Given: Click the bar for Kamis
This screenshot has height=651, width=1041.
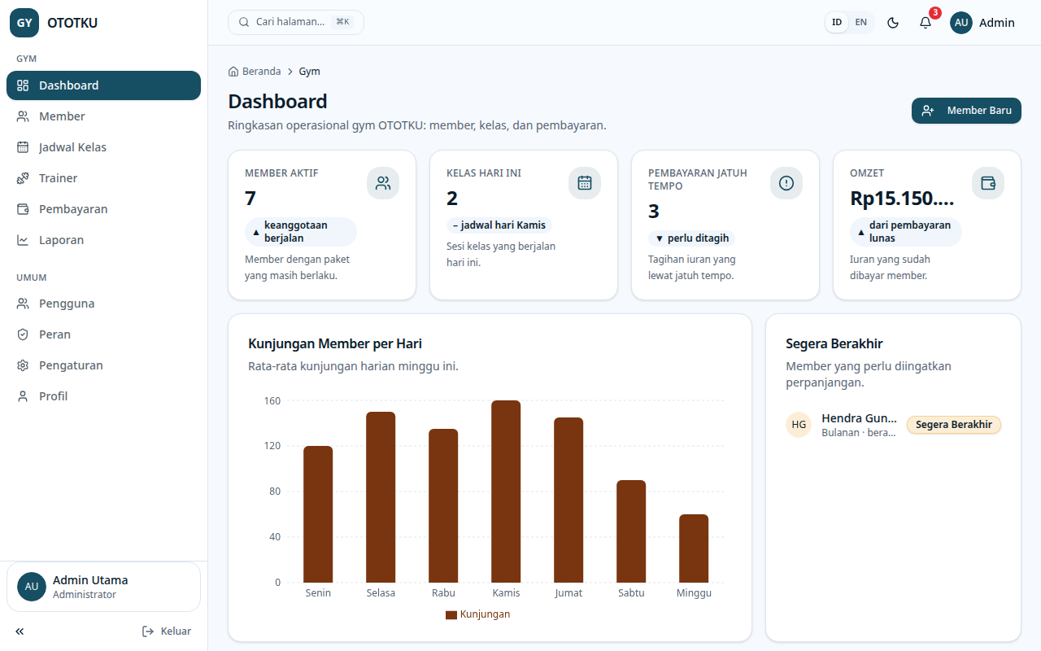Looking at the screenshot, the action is pyautogui.click(x=506, y=492).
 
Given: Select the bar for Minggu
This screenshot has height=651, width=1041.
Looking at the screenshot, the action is pyautogui.click(x=694, y=548).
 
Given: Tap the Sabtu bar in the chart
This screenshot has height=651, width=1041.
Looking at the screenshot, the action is pyautogui.click(x=630, y=531).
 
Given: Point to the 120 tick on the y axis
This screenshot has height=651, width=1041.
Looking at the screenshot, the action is pyautogui.click(x=272, y=445).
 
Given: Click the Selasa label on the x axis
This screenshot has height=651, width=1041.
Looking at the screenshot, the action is pyautogui.click(x=381, y=593).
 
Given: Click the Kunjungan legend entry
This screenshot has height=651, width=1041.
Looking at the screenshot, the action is pyautogui.click(x=477, y=614).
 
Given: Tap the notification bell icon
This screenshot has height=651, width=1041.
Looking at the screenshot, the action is pyautogui.click(x=926, y=23).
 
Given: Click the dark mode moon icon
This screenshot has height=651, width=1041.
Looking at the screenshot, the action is pyautogui.click(x=893, y=23).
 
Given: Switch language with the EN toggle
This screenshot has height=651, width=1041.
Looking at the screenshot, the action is pyautogui.click(x=860, y=22).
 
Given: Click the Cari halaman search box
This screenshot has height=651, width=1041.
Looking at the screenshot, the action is pyautogui.click(x=295, y=22).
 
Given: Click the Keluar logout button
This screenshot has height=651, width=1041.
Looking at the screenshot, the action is pyautogui.click(x=167, y=631).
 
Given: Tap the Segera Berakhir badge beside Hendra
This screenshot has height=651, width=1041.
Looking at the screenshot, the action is pyautogui.click(x=954, y=425).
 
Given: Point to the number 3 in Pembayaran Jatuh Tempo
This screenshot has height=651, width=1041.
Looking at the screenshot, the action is pyautogui.click(x=653, y=212).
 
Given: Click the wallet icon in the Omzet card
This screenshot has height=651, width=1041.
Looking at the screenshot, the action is pyautogui.click(x=987, y=183).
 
